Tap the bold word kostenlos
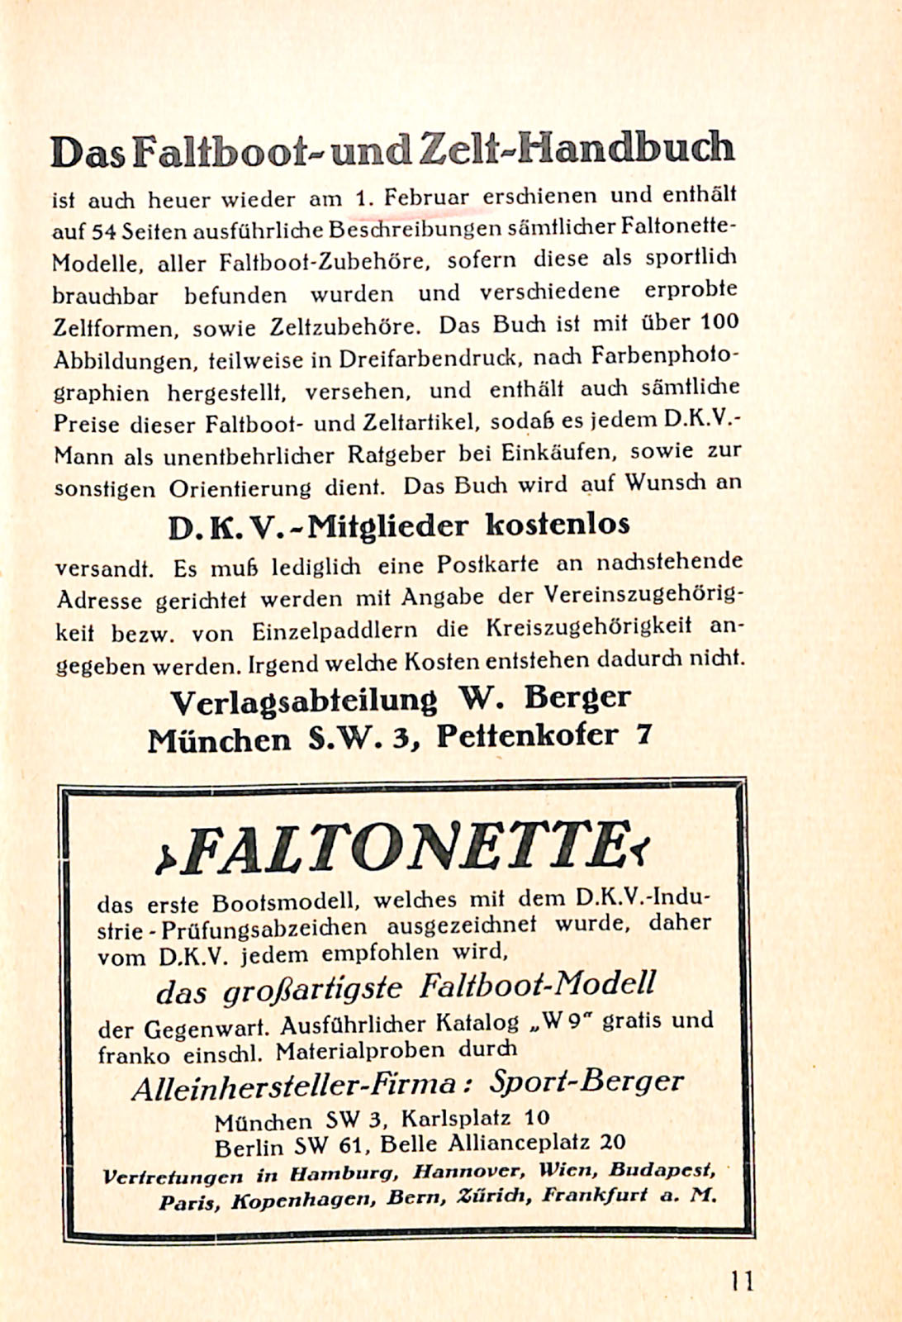558,524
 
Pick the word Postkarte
487,565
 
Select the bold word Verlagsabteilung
302,701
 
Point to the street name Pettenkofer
526,735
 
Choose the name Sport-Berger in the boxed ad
586,1082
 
